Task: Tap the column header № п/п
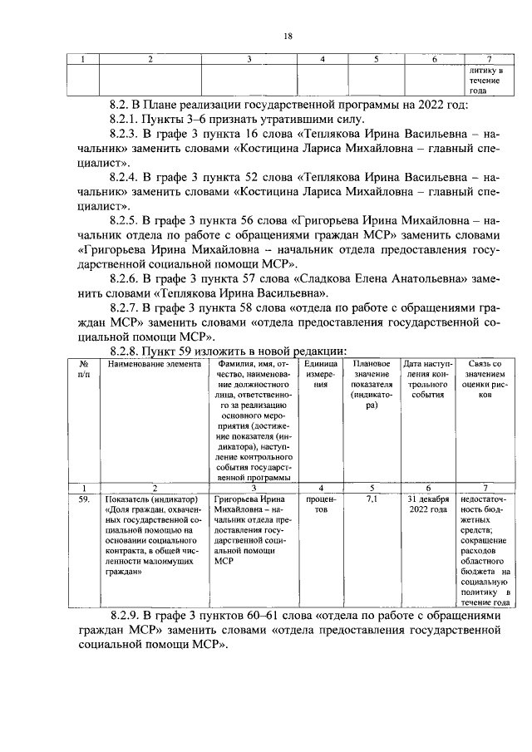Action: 83,369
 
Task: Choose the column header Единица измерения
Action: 321,374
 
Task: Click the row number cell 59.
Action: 83,499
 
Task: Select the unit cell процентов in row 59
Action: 321,504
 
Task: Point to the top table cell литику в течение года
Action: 485,81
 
